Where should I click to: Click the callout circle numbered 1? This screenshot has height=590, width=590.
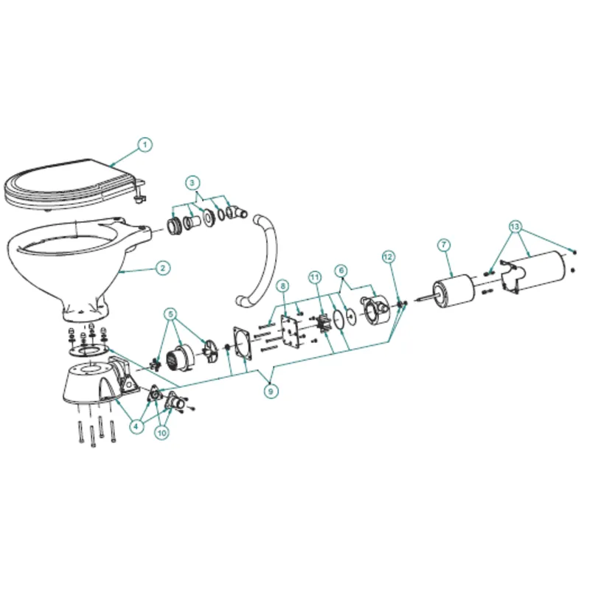tap(145, 145)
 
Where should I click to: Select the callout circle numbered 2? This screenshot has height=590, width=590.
tap(163, 268)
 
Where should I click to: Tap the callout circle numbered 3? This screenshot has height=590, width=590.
tap(192, 181)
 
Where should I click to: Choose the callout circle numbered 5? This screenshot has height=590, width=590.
tap(171, 314)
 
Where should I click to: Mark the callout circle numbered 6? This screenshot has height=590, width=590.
tap(340, 271)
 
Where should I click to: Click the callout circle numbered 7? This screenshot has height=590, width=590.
tap(444, 244)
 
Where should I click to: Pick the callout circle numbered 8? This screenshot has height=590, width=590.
tap(282, 285)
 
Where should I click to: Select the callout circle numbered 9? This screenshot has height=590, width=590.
tap(272, 392)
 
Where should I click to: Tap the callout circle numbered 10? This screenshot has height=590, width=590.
tap(162, 433)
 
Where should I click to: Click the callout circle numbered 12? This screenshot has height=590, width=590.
tap(389, 257)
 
